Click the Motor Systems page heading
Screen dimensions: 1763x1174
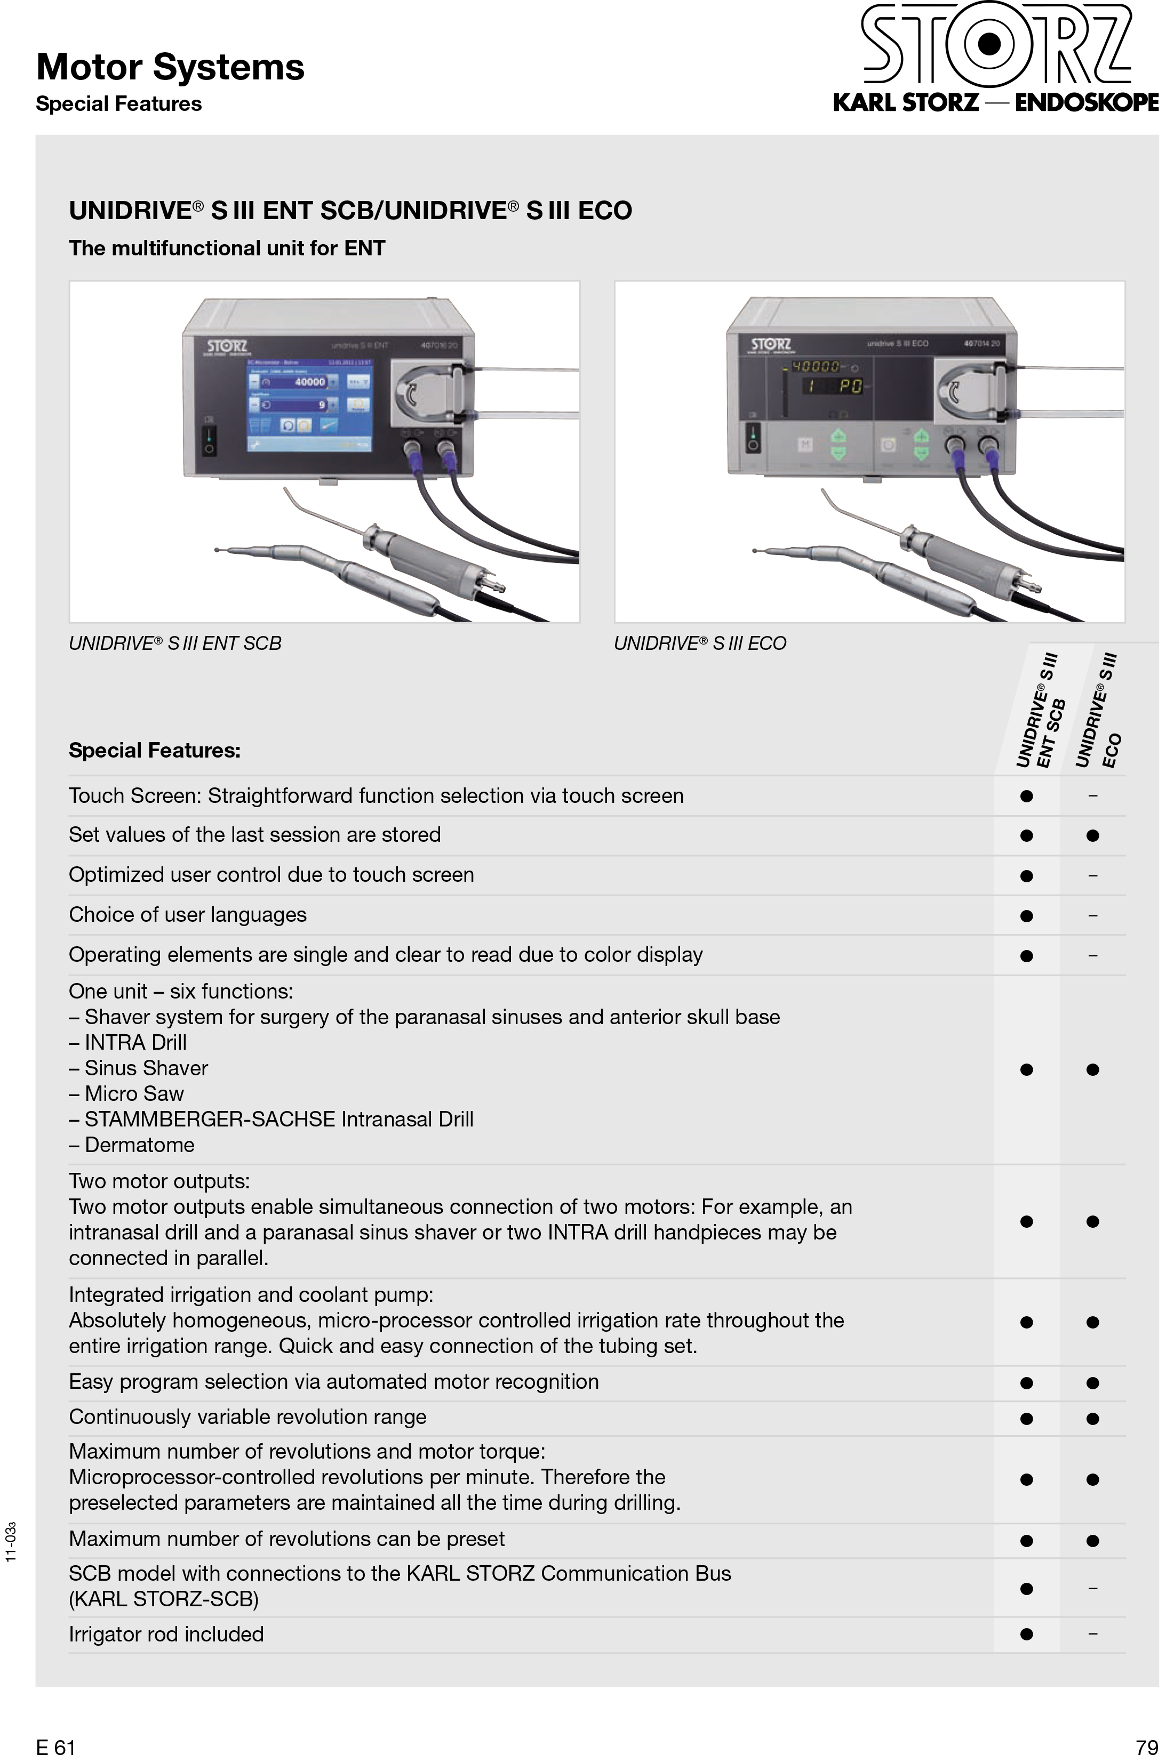point(170,67)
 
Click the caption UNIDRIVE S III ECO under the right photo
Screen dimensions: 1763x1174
point(699,643)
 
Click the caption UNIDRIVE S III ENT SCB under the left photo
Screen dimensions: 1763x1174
point(174,643)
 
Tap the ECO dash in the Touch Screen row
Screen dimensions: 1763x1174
point(1092,795)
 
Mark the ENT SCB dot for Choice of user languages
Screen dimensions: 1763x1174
point(1026,915)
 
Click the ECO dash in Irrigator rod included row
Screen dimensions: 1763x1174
point(1092,1633)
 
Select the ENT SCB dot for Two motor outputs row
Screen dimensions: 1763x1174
point(1026,1221)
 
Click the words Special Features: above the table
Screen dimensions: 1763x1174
point(154,751)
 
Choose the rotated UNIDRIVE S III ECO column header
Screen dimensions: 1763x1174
point(1098,711)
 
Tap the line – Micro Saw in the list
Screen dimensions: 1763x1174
point(126,1093)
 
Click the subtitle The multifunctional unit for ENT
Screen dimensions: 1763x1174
point(227,248)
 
